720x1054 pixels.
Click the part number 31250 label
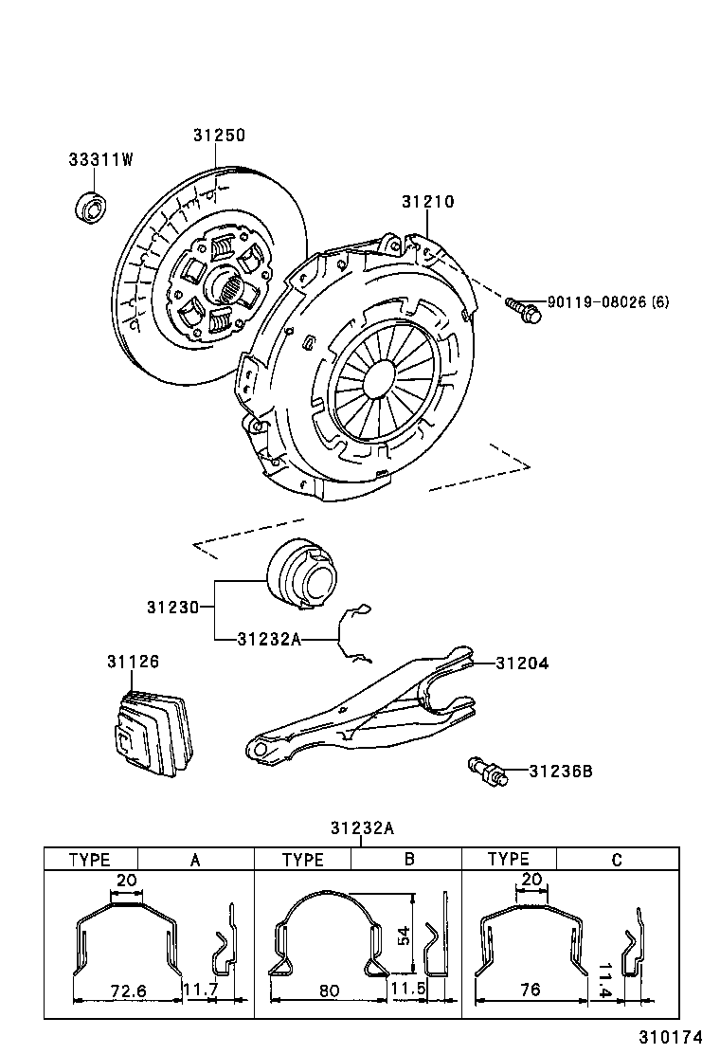[219, 136]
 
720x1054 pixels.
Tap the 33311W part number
[99, 159]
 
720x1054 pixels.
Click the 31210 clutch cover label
[427, 202]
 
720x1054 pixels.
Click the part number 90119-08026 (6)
[608, 302]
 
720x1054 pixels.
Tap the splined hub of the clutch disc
[225, 282]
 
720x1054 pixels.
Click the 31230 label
[172, 607]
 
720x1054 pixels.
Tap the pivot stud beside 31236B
[487, 772]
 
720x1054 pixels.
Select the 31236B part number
[560, 772]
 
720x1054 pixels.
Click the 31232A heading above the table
[361, 827]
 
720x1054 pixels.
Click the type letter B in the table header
[409, 860]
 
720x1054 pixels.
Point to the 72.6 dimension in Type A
[127, 990]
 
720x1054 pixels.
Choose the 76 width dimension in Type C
[531, 990]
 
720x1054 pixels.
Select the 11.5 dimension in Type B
[409, 990]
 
